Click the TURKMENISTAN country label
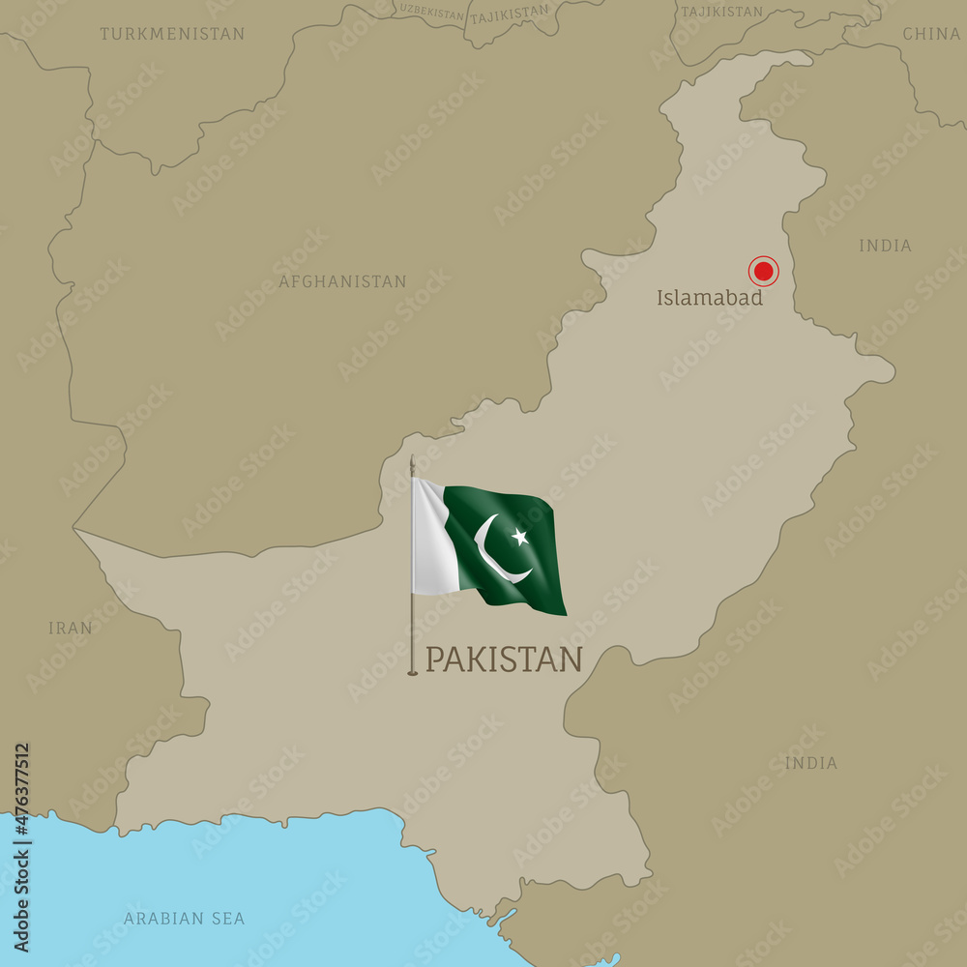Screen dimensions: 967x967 click(x=172, y=34)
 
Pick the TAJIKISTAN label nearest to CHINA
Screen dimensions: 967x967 click(x=721, y=12)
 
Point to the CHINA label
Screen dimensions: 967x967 click(x=930, y=34)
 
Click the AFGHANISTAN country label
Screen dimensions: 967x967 click(x=342, y=281)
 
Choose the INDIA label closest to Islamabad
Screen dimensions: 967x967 click(x=885, y=246)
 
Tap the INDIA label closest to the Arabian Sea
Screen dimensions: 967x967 click(x=810, y=763)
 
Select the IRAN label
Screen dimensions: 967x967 click(x=71, y=628)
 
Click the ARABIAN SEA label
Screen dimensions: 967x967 click(x=184, y=918)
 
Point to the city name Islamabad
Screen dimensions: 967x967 click(x=710, y=298)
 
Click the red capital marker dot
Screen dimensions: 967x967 click(x=763, y=271)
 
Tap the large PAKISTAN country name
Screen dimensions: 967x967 click(x=504, y=659)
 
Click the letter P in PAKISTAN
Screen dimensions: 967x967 click(x=434, y=659)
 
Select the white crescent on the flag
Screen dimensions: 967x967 click(x=495, y=551)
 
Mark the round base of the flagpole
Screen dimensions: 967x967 click(x=412, y=671)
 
